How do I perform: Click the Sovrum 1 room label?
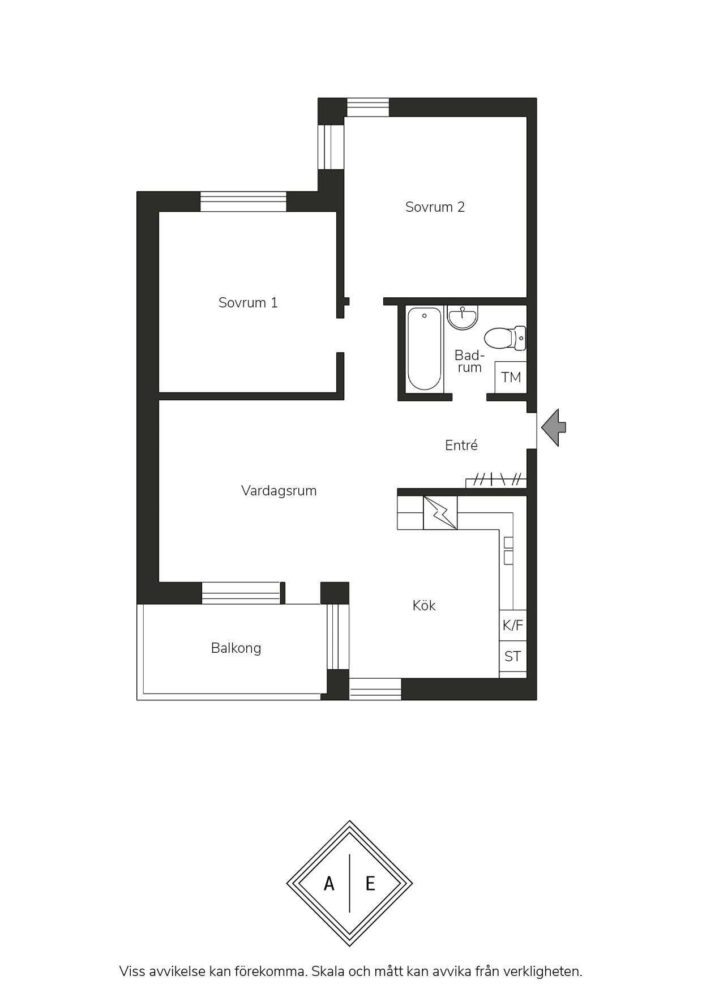click(x=248, y=302)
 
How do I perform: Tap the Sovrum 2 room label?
click(x=435, y=207)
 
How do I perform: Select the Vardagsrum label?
click(x=279, y=490)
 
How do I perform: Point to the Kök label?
click(x=424, y=605)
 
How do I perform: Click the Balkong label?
click(x=236, y=648)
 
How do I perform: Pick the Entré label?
click(x=461, y=445)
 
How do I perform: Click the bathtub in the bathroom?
click(x=425, y=349)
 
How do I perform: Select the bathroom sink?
click(x=463, y=317)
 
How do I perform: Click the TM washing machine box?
click(x=511, y=377)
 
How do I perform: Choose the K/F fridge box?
click(x=513, y=625)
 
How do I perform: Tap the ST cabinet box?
click(x=513, y=656)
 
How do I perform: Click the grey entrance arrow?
click(x=554, y=427)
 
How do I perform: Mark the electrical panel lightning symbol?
click(x=440, y=513)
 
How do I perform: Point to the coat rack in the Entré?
click(x=496, y=480)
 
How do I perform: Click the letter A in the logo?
click(x=329, y=883)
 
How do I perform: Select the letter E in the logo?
click(x=370, y=883)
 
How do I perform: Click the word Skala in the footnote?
click(x=329, y=971)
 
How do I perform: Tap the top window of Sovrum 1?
click(x=243, y=202)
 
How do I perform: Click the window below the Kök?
click(x=375, y=689)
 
